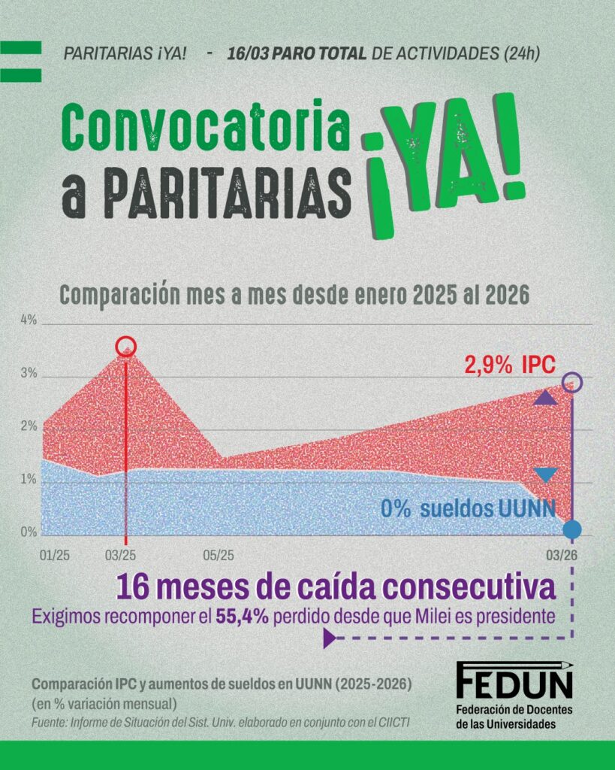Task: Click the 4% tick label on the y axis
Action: pos(28,320)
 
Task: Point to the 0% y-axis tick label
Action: pos(28,532)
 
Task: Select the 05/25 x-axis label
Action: pos(219,556)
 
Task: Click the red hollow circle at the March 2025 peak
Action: pos(126,347)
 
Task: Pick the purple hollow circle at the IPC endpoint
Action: pos(572,382)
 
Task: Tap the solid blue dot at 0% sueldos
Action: pos(572,529)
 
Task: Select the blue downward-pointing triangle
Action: pos(545,474)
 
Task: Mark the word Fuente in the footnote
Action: pos(50,723)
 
